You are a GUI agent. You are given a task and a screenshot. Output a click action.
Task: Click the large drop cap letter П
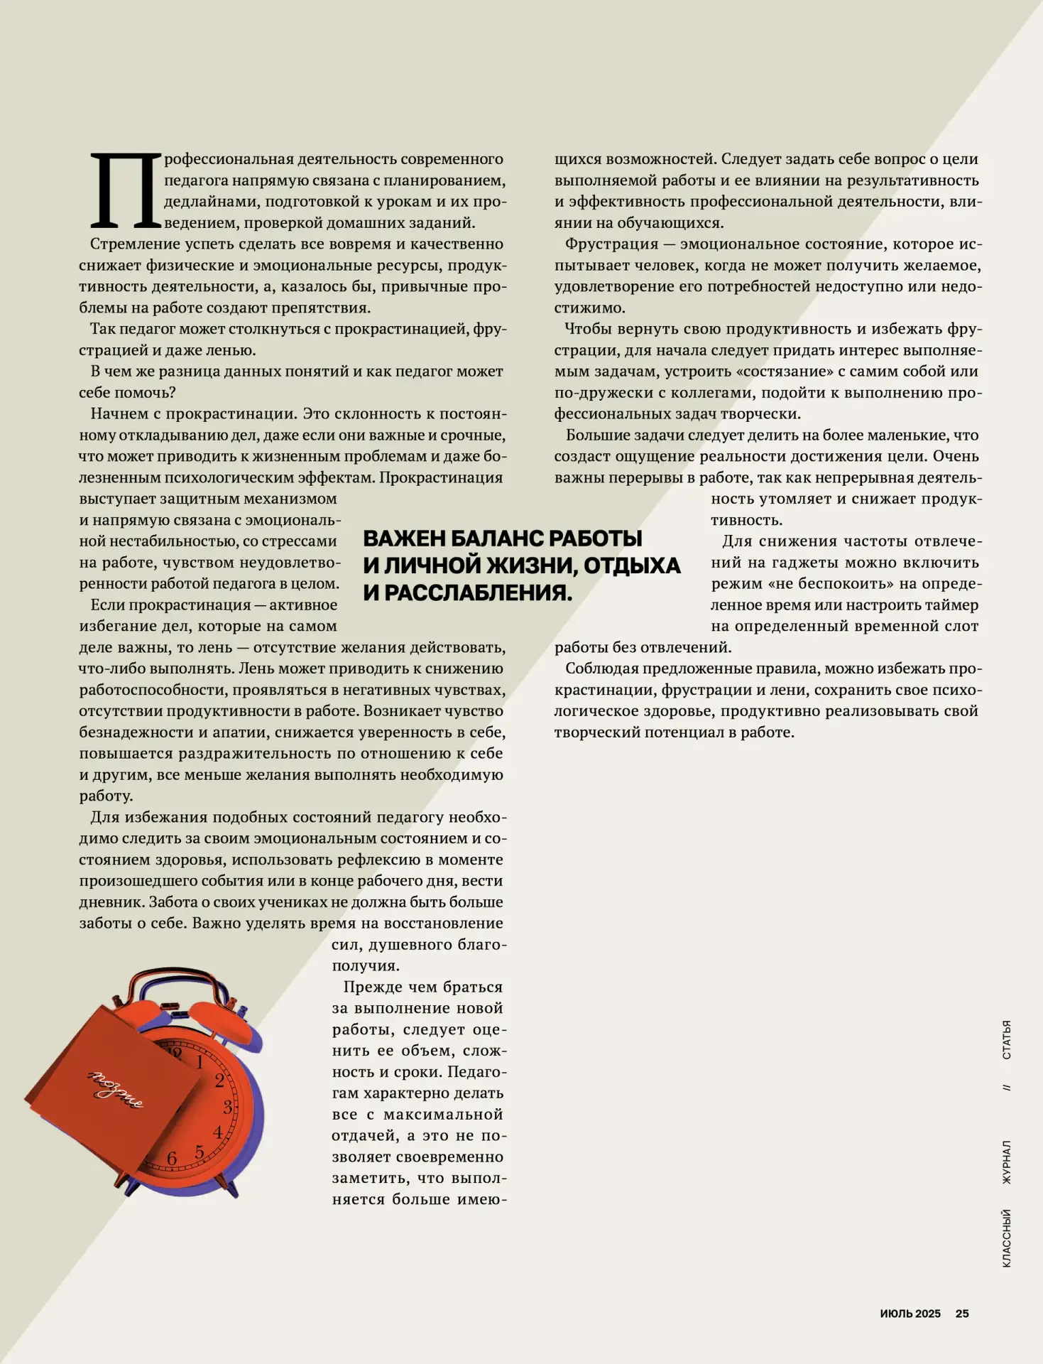click(x=126, y=190)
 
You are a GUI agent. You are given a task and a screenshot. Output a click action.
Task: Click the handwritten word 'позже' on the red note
click(x=114, y=1088)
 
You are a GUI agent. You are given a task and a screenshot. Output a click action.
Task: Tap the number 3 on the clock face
click(x=228, y=1107)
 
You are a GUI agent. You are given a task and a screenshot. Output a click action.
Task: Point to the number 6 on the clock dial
click(x=172, y=1159)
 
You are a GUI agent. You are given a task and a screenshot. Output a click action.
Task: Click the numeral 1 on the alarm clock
click(x=200, y=1062)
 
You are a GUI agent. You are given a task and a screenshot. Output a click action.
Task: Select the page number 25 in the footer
click(x=962, y=1314)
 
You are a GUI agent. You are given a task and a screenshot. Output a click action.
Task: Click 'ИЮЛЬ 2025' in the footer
click(x=910, y=1314)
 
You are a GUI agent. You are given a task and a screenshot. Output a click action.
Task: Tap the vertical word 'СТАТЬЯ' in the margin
click(x=1006, y=1040)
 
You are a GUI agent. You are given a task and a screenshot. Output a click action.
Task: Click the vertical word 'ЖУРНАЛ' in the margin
click(x=1006, y=1162)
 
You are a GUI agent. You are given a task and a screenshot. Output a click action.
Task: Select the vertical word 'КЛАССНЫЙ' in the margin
click(x=1006, y=1238)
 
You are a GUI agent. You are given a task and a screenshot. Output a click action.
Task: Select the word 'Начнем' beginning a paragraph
click(x=119, y=414)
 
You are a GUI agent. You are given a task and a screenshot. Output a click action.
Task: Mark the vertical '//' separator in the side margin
click(x=1006, y=1088)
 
